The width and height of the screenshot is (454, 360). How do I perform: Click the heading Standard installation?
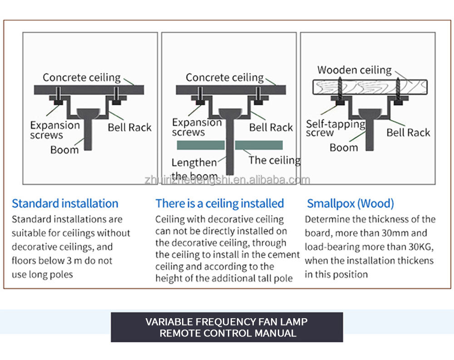65,203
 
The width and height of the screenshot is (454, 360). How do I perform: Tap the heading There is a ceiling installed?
220,203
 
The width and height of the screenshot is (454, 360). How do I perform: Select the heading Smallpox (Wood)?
350,203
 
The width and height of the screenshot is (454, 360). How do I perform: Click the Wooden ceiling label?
354,70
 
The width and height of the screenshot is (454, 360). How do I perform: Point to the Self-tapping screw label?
335,128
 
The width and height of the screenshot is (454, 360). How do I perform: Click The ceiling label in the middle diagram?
274,160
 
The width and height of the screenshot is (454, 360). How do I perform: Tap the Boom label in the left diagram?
64,149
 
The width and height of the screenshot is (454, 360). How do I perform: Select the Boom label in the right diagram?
344,148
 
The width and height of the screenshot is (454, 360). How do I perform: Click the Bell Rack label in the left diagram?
129,127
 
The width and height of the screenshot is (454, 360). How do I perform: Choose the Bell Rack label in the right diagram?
408,133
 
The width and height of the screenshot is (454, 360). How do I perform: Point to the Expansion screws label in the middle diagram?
197,127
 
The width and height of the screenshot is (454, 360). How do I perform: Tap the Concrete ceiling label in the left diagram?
82,78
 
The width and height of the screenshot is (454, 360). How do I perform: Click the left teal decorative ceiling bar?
200,145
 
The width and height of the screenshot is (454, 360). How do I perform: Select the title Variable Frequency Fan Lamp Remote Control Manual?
227,327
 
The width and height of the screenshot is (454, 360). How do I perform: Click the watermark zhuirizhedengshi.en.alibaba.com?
227,180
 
